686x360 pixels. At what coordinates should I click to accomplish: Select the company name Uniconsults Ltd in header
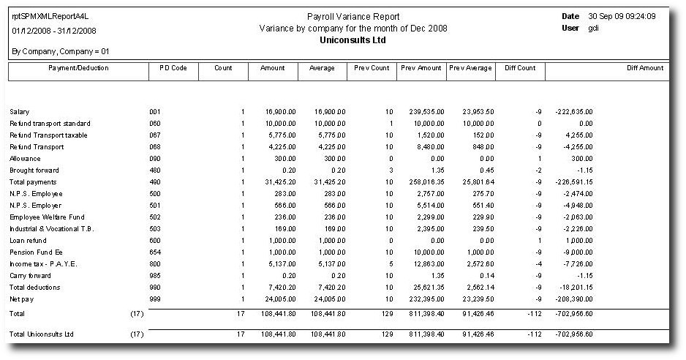tap(353, 40)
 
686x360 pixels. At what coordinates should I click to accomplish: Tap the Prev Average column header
tap(470, 68)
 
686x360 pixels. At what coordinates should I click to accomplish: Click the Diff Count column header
tap(520, 68)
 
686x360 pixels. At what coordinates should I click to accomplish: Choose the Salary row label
tap(19, 112)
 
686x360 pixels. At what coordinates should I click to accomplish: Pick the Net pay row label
tap(20, 299)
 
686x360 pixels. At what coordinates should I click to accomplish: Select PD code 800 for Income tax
tap(154, 263)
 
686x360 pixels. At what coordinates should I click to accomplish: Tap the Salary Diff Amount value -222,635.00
tap(574, 112)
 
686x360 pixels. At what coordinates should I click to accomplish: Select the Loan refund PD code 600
tap(154, 240)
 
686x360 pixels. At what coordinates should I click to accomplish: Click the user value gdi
tap(593, 28)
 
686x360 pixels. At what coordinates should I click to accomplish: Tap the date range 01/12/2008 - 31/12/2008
tap(54, 31)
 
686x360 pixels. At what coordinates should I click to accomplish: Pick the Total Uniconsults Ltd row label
tap(42, 334)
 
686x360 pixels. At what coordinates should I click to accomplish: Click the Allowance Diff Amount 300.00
tap(581, 159)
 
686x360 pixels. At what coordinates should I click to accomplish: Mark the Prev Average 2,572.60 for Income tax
tap(476, 263)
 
